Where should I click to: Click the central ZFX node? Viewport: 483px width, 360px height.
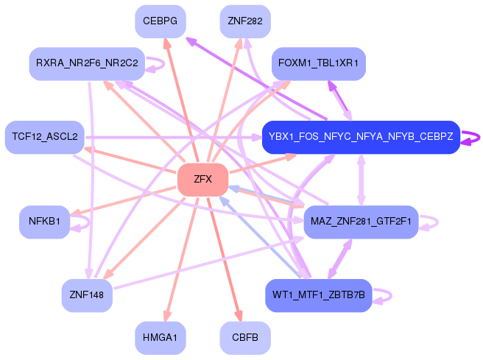click(202, 180)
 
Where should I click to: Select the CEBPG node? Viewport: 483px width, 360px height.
click(160, 21)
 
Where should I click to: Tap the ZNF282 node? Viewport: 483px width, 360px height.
click(245, 21)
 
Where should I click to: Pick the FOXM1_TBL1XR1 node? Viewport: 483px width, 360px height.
click(318, 63)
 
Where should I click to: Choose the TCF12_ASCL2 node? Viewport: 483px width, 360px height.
click(44, 137)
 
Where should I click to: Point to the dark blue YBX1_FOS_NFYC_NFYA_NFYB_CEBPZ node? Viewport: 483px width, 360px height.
click(361, 137)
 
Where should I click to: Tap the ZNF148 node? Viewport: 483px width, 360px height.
click(86, 295)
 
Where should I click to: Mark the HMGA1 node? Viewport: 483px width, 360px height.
click(160, 337)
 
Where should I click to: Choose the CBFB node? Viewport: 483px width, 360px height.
click(245, 337)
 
